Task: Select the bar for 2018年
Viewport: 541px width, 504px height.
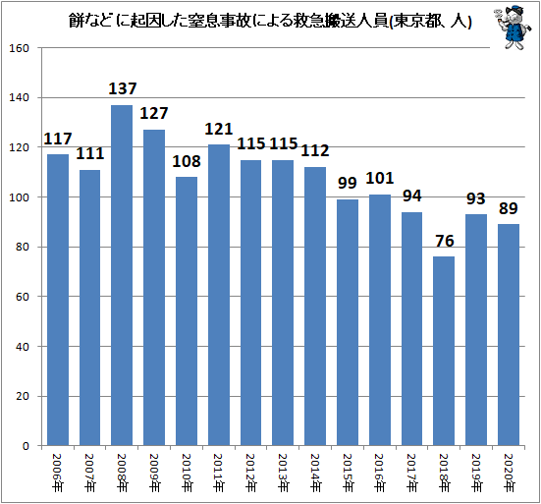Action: tap(444, 351)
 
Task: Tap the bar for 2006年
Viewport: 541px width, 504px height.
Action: tap(58, 300)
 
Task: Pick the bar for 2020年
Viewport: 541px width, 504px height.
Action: tap(508, 335)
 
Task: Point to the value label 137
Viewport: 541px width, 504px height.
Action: tap(122, 89)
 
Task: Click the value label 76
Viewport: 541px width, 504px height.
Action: tap(444, 242)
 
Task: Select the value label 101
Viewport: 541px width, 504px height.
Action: tap(379, 179)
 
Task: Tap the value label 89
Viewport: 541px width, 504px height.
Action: tap(508, 208)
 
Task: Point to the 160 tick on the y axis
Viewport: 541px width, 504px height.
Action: tap(26, 48)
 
